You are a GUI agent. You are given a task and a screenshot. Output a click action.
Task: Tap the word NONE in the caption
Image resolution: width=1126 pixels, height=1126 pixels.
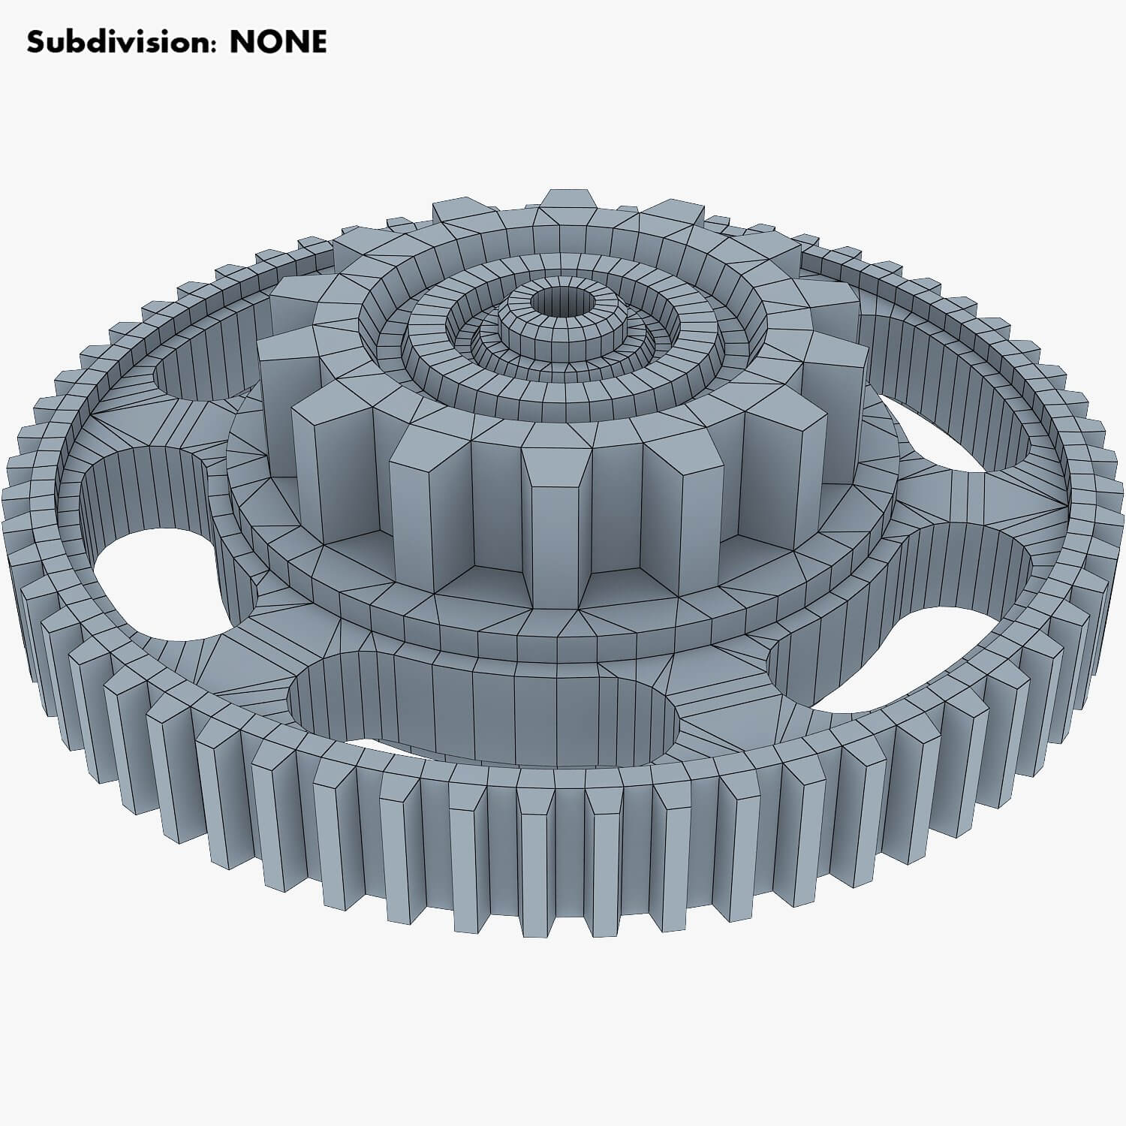[x=278, y=42]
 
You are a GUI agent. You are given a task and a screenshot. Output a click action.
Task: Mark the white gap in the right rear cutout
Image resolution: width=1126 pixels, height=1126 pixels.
[x=953, y=443]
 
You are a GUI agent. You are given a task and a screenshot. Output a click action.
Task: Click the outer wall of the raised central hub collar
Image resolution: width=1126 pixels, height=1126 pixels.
[x=563, y=342]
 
